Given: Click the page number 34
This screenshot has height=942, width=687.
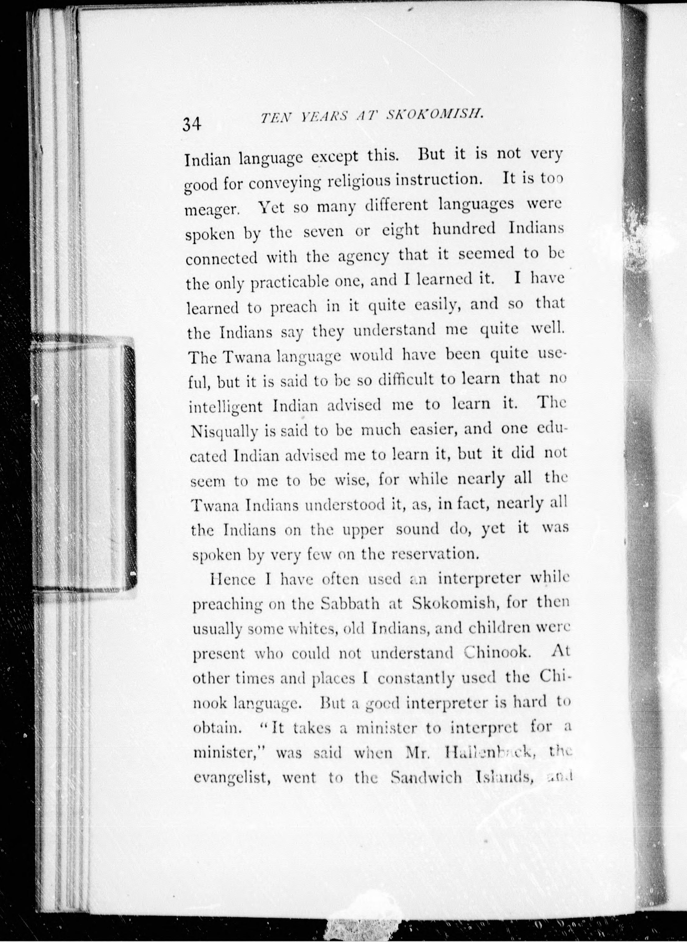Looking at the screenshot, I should pos(192,124).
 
